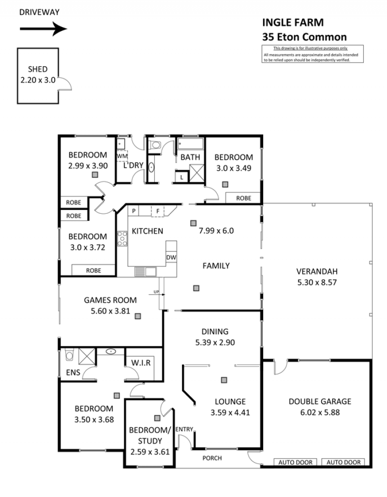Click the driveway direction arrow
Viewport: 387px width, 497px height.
point(44,29)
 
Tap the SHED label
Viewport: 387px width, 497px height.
point(38,69)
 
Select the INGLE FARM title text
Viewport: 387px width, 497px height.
point(293,23)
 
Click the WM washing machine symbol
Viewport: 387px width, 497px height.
point(122,156)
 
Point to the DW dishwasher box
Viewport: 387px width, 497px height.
point(171,257)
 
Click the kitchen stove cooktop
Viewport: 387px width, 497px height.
point(122,239)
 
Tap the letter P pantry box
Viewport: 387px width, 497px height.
point(134,211)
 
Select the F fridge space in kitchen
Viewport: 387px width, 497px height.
point(158,211)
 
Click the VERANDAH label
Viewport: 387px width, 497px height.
point(317,271)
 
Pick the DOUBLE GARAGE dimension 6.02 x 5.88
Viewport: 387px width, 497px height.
point(320,412)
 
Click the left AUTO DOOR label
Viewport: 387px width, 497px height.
point(295,463)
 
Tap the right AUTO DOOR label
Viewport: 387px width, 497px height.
point(343,463)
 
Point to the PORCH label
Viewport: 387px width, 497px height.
point(212,458)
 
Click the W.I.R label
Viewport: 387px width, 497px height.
point(141,363)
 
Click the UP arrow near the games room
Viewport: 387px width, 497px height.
point(157,294)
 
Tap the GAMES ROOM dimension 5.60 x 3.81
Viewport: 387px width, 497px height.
point(110,311)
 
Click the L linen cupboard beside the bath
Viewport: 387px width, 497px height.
point(182,177)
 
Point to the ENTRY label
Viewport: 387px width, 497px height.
point(184,429)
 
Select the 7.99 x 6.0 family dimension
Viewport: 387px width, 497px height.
point(216,231)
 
